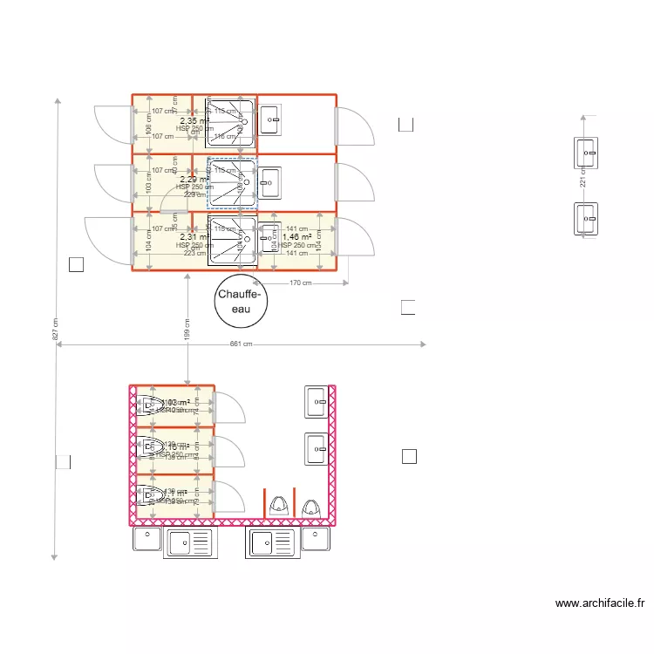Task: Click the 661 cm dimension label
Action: (241, 344)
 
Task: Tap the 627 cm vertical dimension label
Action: (56, 328)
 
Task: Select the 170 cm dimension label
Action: (301, 283)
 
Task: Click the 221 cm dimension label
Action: (583, 178)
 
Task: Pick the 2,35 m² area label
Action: (194, 121)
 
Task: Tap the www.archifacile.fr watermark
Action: (599, 603)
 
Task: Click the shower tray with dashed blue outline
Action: (231, 183)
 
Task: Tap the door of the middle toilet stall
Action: (228, 452)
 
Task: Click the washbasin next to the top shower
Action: (270, 120)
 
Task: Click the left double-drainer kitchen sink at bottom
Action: (188, 542)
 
